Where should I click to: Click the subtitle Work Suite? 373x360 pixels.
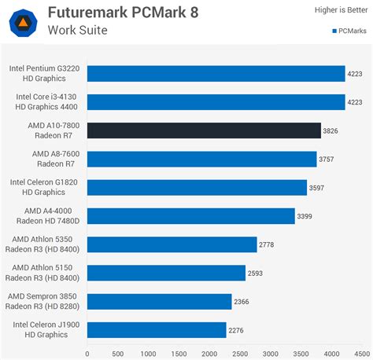(78, 31)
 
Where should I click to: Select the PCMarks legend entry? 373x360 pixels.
(346, 31)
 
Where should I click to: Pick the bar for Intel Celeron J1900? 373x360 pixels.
(157, 329)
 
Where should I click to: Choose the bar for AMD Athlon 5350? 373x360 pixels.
(172, 244)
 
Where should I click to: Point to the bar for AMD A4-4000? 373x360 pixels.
(191, 216)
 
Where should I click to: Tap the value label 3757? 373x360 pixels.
(327, 160)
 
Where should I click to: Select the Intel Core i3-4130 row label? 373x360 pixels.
(46, 102)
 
